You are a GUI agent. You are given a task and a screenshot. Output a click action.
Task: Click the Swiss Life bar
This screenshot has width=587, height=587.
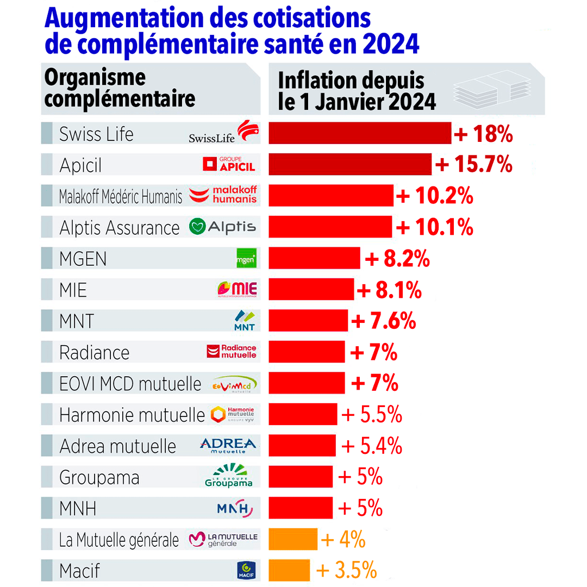(x=360, y=133)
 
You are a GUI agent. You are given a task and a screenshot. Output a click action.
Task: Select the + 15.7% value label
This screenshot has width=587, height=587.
(x=473, y=164)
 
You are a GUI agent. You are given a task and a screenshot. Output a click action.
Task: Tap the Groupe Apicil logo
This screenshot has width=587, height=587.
(x=228, y=164)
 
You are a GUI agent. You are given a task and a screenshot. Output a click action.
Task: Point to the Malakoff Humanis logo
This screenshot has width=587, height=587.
(x=223, y=195)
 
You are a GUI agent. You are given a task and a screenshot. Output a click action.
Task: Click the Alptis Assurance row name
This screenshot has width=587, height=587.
(x=119, y=227)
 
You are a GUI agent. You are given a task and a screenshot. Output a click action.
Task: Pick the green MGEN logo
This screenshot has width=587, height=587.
(x=246, y=259)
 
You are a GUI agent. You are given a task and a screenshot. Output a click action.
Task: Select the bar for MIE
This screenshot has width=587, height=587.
(x=311, y=290)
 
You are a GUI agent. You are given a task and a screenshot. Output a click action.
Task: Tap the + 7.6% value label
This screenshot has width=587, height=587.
(x=384, y=321)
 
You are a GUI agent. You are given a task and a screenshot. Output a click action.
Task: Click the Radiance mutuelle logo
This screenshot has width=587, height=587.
(x=232, y=352)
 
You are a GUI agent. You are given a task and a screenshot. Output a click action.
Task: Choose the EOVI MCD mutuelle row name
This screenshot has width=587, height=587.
(x=130, y=384)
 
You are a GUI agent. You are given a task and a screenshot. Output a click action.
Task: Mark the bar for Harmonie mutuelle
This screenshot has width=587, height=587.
(x=303, y=415)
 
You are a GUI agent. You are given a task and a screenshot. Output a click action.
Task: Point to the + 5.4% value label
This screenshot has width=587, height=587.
(x=372, y=446)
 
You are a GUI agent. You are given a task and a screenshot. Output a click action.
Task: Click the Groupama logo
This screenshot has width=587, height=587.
(x=229, y=477)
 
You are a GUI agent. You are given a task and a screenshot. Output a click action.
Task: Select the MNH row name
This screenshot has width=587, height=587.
(x=78, y=509)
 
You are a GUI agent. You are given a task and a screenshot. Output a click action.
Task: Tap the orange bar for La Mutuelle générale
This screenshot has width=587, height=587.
(x=293, y=540)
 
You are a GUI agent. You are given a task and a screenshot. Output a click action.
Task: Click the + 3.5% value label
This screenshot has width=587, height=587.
(x=347, y=571)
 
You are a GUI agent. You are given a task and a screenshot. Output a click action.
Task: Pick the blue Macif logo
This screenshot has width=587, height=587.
(x=246, y=570)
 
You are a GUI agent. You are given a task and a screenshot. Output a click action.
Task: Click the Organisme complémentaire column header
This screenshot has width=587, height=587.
(x=120, y=89)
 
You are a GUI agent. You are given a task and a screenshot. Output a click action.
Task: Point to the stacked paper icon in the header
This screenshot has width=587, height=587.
(x=492, y=87)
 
